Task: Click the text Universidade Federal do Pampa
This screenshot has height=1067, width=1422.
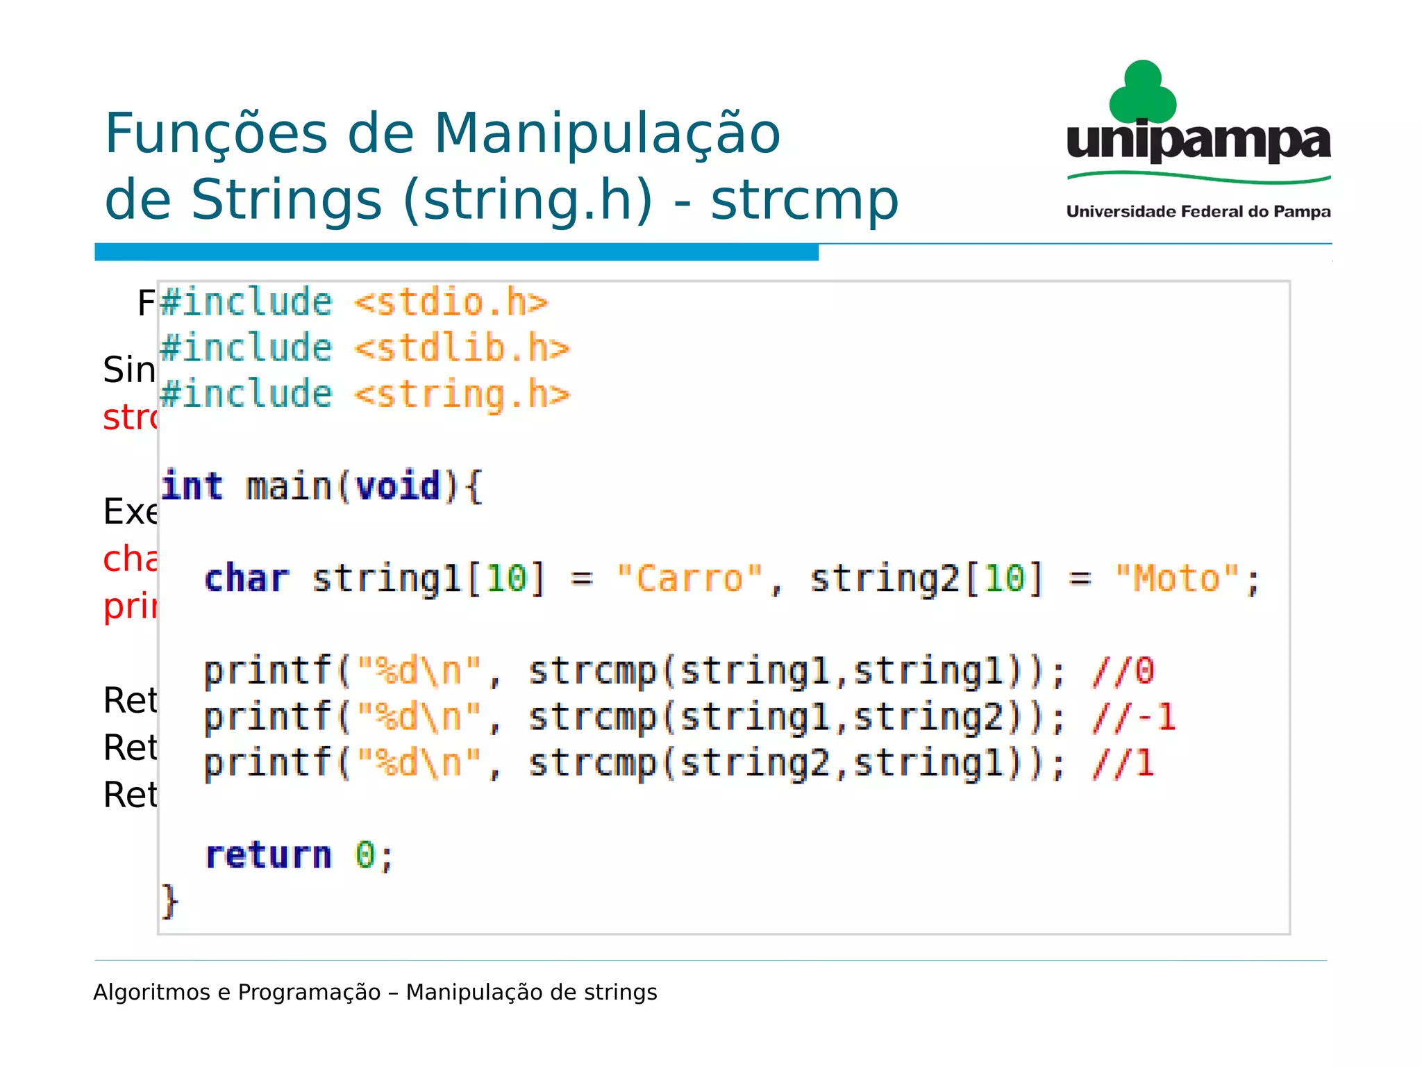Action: tap(1198, 212)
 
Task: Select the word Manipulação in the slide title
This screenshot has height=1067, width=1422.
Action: tap(608, 133)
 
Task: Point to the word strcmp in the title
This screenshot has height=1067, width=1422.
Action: tap(804, 200)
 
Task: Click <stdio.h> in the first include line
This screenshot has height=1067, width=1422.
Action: tap(451, 303)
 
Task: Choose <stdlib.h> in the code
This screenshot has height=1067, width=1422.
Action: tap(462, 348)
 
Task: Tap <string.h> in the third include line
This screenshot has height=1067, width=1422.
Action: tap(462, 395)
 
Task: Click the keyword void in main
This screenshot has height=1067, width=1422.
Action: tap(399, 486)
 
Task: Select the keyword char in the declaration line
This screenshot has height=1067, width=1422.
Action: tap(246, 579)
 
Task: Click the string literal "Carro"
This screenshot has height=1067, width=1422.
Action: tap(689, 579)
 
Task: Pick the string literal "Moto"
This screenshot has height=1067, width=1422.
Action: tap(1178, 579)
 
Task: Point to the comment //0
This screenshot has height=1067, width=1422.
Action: tap(1123, 671)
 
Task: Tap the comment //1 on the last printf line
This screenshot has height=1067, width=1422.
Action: tap(1123, 763)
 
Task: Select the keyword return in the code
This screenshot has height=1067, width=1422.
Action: tap(269, 855)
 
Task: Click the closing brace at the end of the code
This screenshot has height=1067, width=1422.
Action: tap(169, 901)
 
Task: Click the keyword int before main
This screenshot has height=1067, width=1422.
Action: tap(192, 486)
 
